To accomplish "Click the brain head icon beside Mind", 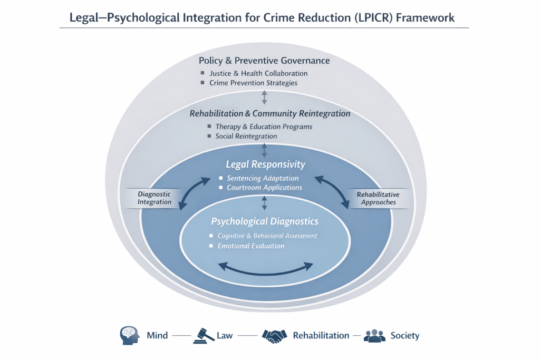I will (x=130, y=335).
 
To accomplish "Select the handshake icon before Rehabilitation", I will (x=274, y=335).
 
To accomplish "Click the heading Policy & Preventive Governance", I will (x=264, y=61).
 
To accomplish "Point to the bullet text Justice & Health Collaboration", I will (x=258, y=73).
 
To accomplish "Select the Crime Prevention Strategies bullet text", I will (x=253, y=83).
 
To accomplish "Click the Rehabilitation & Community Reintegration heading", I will (x=269, y=113).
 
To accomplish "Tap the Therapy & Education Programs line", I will (x=264, y=127).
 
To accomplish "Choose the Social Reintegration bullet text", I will (x=246, y=136).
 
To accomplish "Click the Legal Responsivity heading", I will (x=265, y=164).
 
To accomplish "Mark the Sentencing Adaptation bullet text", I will (x=263, y=178).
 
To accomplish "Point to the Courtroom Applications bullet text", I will (x=264, y=188).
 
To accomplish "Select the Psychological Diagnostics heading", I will (x=265, y=221).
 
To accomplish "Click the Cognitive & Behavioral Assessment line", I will (x=267, y=236).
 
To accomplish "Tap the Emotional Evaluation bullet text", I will (x=251, y=246).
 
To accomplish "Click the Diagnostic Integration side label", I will (x=155, y=198).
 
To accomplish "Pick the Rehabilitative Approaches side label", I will (x=378, y=198).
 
